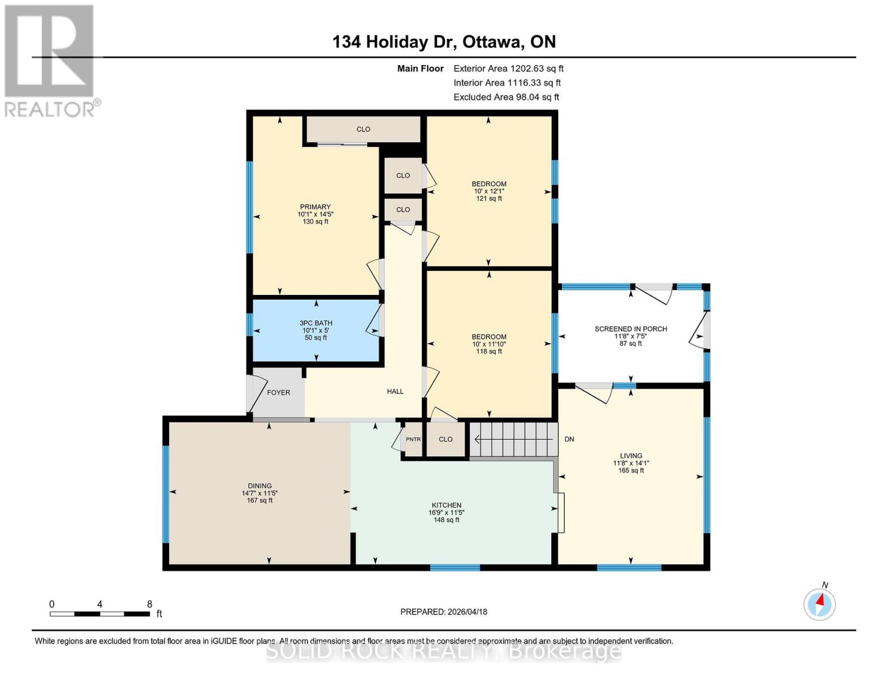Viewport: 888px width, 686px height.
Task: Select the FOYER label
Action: click(x=278, y=393)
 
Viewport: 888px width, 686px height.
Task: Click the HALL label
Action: click(x=395, y=392)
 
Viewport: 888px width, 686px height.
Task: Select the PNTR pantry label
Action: click(x=413, y=440)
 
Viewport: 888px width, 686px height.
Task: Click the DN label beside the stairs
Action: click(x=569, y=439)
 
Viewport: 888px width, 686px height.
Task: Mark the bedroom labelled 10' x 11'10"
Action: click(x=489, y=344)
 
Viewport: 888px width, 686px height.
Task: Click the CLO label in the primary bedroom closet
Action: click(x=363, y=129)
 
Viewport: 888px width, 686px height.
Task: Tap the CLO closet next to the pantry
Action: click(x=445, y=440)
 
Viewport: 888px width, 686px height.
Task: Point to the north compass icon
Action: click(x=819, y=603)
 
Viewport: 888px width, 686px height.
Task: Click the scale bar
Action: click(x=100, y=613)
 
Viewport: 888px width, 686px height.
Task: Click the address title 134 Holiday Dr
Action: click(x=444, y=42)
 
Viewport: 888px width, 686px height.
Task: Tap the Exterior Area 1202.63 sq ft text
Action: click(x=508, y=69)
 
